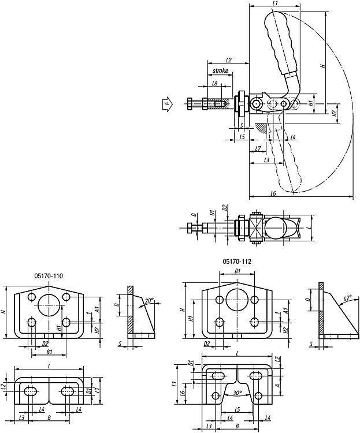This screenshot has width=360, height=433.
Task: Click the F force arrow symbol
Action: point(167,104)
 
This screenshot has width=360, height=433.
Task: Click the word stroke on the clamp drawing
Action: point(220,70)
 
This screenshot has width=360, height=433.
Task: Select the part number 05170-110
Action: point(49,275)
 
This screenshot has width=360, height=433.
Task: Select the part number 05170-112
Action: point(237,261)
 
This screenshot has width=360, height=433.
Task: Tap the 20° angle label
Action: point(149,301)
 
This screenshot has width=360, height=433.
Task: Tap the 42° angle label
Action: point(347,298)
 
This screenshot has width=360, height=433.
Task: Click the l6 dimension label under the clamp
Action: point(273,193)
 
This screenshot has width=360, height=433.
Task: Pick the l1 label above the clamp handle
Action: point(274,3)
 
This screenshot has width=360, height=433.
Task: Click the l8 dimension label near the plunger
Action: point(215,83)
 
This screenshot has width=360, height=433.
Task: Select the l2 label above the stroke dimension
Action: point(228,59)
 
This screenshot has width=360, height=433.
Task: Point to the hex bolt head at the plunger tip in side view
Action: point(190,104)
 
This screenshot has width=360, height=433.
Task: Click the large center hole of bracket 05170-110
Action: point(49,305)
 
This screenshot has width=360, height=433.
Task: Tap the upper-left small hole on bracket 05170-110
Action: point(32,297)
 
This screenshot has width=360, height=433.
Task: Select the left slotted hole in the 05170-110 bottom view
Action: point(31,391)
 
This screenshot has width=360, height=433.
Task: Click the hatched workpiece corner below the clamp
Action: point(261,128)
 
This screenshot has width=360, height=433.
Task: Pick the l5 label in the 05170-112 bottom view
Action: point(237,409)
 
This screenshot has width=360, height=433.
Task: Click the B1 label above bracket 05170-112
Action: point(237,271)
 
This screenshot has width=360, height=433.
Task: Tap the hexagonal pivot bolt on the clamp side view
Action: point(256,104)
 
